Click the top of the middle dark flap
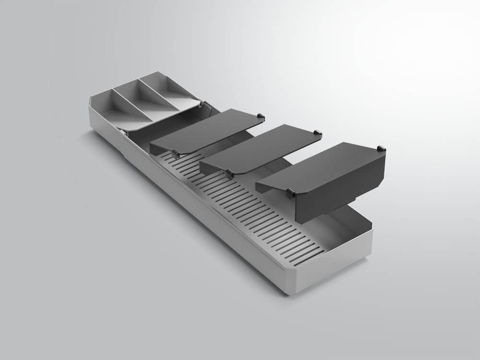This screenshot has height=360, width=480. click(x=262, y=146)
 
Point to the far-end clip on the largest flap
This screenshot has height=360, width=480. click(x=381, y=148)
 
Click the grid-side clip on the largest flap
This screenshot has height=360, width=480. click(x=291, y=193)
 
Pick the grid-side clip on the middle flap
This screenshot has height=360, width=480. click(x=229, y=172)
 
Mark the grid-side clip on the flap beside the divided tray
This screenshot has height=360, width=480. click(x=176, y=154)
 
